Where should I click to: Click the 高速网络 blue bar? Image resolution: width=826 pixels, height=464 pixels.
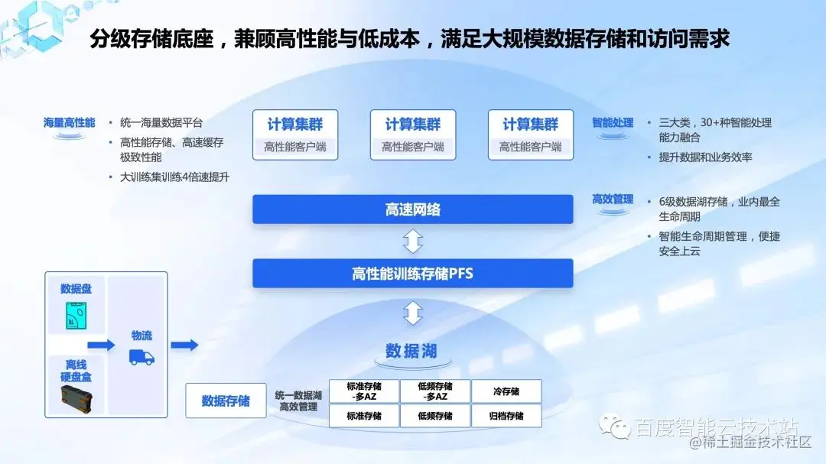pyautogui.click(x=412, y=209)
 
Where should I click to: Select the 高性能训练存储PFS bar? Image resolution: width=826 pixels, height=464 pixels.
pyautogui.click(x=412, y=273)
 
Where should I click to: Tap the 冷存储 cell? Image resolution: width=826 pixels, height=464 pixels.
pyautogui.click(x=506, y=391)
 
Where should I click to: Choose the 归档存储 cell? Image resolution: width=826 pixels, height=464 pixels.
pyautogui.click(x=506, y=416)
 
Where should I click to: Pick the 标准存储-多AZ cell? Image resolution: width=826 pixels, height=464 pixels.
pyautogui.click(x=363, y=391)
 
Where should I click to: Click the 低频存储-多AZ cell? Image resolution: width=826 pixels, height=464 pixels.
pyautogui.click(x=434, y=391)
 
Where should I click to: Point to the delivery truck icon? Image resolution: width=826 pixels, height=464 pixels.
pyautogui.click(x=141, y=357)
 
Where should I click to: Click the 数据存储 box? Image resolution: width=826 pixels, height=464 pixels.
pyautogui.click(x=226, y=401)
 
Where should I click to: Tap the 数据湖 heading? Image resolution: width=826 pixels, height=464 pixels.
pyautogui.click(x=411, y=351)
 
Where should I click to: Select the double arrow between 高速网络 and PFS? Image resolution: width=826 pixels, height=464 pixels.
pyautogui.click(x=412, y=242)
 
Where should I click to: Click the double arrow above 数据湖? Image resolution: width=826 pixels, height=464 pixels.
pyautogui.click(x=412, y=313)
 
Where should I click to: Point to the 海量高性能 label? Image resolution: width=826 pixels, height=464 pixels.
pyautogui.click(x=70, y=122)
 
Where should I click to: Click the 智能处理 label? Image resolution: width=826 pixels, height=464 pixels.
pyautogui.click(x=613, y=122)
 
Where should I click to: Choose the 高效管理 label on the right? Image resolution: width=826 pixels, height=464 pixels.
pyautogui.click(x=613, y=200)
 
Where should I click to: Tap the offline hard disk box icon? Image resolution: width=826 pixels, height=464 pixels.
pyautogui.click(x=76, y=398)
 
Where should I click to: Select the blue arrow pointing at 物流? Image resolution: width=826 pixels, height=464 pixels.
pyautogui.click(x=101, y=346)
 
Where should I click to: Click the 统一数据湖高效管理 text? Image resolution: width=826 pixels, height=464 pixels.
pyautogui.click(x=299, y=401)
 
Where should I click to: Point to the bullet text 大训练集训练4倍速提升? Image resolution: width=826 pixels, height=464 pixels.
pyautogui.click(x=174, y=177)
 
